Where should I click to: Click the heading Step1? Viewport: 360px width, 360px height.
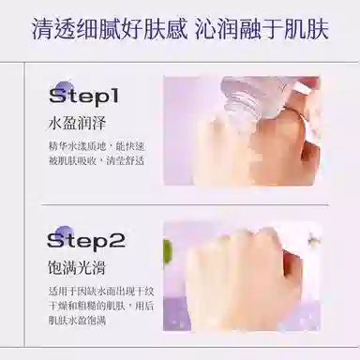[84, 97]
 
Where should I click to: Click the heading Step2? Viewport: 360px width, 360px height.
[86, 240]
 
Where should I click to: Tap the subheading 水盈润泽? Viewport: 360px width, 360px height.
[77, 124]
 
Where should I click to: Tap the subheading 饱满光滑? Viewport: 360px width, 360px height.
[77, 267]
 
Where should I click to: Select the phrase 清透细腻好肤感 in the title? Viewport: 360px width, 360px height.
[110, 30]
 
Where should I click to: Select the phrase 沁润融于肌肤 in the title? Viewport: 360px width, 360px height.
[262, 30]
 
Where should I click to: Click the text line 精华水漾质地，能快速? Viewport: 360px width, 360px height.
[97, 146]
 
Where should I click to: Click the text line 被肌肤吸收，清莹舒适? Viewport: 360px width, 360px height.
[97, 160]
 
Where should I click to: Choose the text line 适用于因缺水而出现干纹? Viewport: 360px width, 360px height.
[101, 292]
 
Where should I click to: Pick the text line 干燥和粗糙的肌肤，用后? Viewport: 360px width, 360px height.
[101, 306]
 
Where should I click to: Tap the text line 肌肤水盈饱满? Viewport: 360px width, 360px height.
[77, 321]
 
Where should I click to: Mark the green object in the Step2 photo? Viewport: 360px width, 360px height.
[168, 251]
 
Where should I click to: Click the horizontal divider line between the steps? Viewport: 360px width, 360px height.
[185, 205]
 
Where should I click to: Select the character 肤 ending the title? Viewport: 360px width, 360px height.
[318, 30]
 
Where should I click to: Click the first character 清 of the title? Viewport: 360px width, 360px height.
[42, 30]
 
